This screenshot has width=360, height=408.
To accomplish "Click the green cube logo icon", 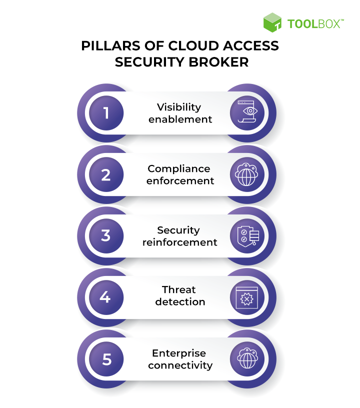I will [x=272, y=23].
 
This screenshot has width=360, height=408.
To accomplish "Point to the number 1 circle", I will [x=106, y=113].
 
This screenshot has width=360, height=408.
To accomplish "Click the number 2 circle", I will [x=106, y=175].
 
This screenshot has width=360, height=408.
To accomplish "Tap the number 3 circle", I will [x=106, y=236].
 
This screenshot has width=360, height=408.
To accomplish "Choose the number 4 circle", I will [x=105, y=297].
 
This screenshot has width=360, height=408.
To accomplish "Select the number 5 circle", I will [x=106, y=359].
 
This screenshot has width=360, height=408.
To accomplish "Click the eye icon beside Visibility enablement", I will [x=246, y=113].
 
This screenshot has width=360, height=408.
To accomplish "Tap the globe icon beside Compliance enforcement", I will [x=246, y=175].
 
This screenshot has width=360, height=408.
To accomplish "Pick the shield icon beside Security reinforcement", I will [x=246, y=236].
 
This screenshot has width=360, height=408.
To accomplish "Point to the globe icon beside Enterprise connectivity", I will [x=246, y=359].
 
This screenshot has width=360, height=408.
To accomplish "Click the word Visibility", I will [x=179, y=107].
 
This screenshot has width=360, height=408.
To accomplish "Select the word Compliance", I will [x=179, y=168].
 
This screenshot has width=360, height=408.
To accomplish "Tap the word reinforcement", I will [x=180, y=242].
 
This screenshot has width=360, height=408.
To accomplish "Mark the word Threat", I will [x=179, y=290].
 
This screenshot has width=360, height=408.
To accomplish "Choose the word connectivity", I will [x=180, y=365].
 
